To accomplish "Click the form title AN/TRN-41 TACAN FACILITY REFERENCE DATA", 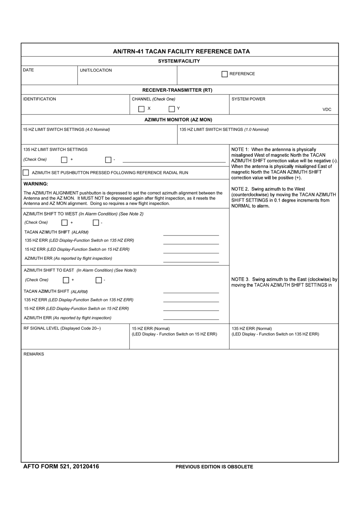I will click(x=181, y=51).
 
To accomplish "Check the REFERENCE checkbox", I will click(x=225, y=74).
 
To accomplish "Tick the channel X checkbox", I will click(x=141, y=109).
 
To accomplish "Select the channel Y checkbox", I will click(x=172, y=109).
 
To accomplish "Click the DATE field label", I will click(x=28, y=70).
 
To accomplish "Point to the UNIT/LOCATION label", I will click(x=96, y=70).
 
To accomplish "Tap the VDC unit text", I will click(x=327, y=110).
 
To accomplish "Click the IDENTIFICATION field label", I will click(x=39, y=99).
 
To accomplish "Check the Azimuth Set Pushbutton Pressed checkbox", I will click(x=26, y=173).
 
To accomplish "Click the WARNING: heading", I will click(x=36, y=184).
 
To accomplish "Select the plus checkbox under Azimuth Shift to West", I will click(x=64, y=223).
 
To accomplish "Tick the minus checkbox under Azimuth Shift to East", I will click(x=99, y=280).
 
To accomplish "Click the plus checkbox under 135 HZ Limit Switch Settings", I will click(x=64, y=160).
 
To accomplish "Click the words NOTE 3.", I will click(x=240, y=280).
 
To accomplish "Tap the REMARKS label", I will click(x=34, y=354).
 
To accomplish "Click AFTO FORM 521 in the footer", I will click(x=47, y=467).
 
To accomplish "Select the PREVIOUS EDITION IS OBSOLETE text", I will click(x=214, y=467).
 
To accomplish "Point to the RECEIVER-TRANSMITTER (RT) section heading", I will click(x=177, y=90).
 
